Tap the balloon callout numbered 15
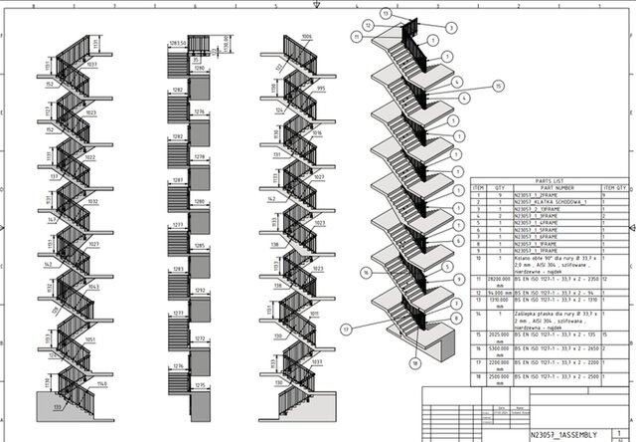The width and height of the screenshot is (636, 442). click(x=498, y=87)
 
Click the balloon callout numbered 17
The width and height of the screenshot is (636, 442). click(x=346, y=328)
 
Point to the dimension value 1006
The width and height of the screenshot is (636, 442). click(x=307, y=37)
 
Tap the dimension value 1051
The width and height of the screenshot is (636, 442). click(x=91, y=339)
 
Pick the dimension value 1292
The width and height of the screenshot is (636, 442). click(x=199, y=291)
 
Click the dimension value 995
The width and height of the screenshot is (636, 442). click(x=320, y=88)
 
